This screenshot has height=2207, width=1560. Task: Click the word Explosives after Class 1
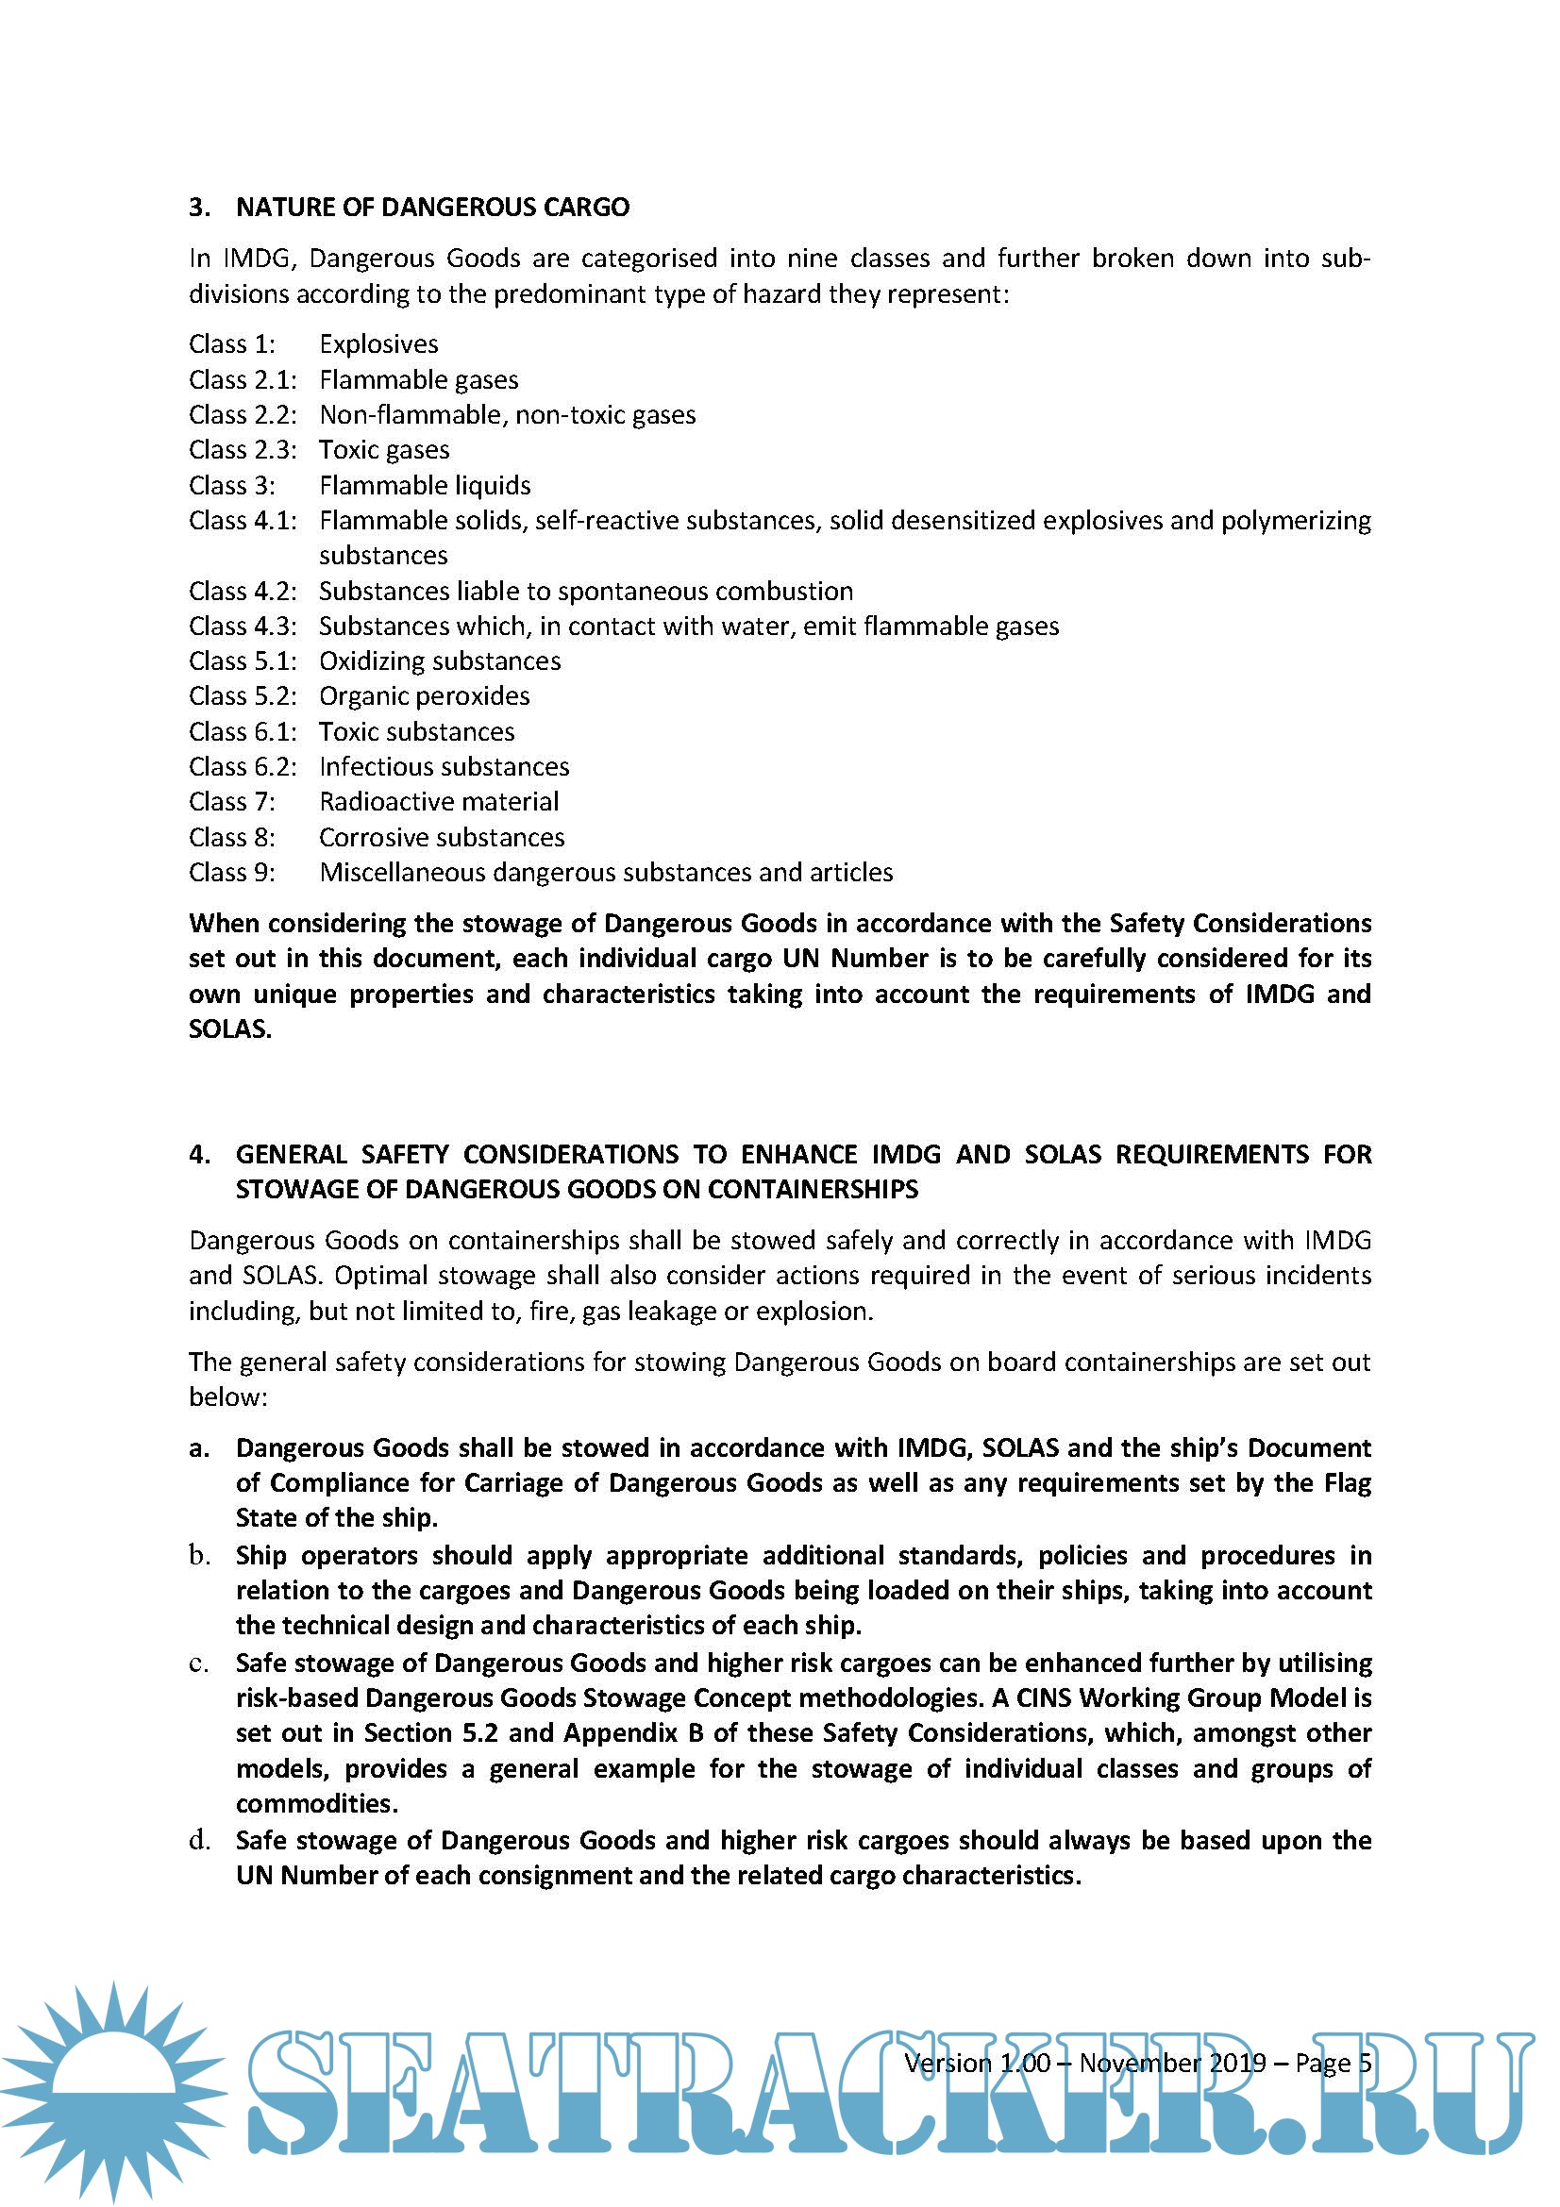point(378,344)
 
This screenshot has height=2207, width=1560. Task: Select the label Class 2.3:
point(243,450)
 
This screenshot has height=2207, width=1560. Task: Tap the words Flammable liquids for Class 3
point(425,485)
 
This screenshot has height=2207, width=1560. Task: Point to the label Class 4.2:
point(243,592)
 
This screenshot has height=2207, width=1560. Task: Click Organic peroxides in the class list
point(424,696)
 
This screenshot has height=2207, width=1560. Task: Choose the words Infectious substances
point(445,767)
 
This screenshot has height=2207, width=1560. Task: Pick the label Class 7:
point(231,802)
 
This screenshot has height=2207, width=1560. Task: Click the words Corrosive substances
point(441,837)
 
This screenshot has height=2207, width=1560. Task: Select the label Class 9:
point(231,873)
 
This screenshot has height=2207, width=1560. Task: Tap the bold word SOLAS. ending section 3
point(229,1029)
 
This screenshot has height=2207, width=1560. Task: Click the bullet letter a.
point(199,1448)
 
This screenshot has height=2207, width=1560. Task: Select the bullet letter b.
point(199,1555)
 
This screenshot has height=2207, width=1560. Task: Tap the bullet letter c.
point(199,1663)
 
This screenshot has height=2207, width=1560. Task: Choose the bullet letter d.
point(199,1841)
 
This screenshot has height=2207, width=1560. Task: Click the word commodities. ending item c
point(316,1804)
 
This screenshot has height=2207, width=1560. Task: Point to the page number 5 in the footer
point(1364,2064)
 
